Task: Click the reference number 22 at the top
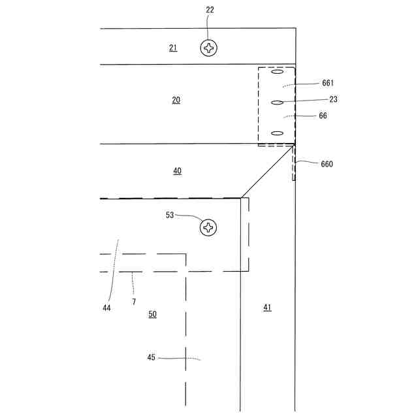[x=209, y=10]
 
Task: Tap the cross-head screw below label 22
[x=209, y=48]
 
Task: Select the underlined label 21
[x=173, y=48]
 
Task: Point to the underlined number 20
[x=176, y=100]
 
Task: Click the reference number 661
[x=328, y=83]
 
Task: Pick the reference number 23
[x=333, y=99]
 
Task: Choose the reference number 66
[x=323, y=116]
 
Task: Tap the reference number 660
[x=326, y=164]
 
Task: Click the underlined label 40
[x=178, y=171]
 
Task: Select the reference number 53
[x=170, y=215]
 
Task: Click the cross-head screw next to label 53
[x=208, y=227]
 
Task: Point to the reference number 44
[x=106, y=307]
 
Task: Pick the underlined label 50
[x=152, y=314]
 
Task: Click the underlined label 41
[x=267, y=307]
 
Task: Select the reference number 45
[x=152, y=357]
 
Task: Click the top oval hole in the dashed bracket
[x=277, y=73]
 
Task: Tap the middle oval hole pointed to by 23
[x=277, y=103]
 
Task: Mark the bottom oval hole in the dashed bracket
[x=277, y=133]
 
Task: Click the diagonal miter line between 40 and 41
[x=266, y=172]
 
